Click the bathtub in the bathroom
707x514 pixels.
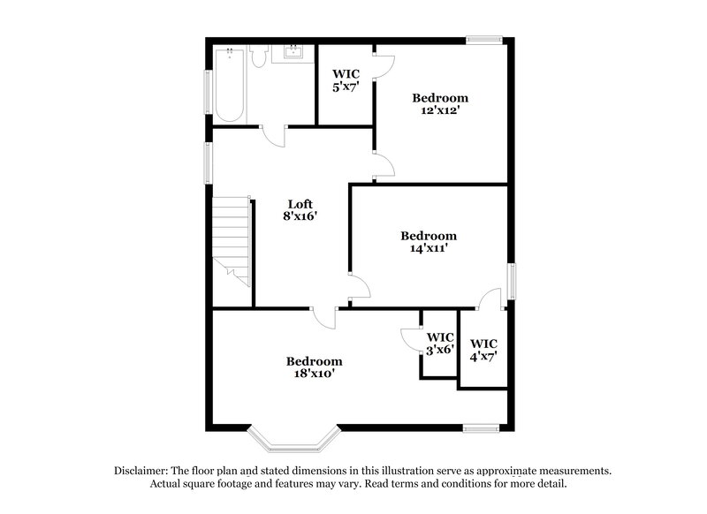(229, 85)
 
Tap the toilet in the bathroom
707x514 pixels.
(259, 56)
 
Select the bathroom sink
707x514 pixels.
(292, 54)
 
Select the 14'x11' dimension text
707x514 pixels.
(429, 249)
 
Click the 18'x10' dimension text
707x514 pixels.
(314, 374)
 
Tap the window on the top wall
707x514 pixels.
(484, 39)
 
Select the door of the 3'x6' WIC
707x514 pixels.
(409, 339)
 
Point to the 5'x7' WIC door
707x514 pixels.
(383, 67)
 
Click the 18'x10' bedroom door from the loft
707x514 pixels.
(325, 317)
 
